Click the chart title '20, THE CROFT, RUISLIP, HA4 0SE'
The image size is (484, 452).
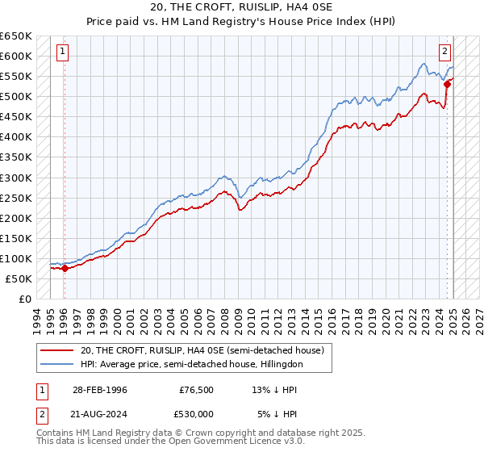(241, 7)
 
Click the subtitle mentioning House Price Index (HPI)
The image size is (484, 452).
(241, 21)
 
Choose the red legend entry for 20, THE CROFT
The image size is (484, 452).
(202, 350)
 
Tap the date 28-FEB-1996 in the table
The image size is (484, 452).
(94, 390)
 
